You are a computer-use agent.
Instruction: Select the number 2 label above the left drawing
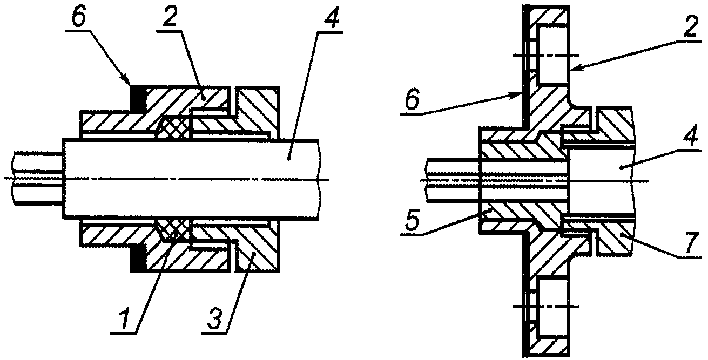(170, 16)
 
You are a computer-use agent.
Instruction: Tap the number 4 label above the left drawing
(331, 18)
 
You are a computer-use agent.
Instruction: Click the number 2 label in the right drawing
(688, 26)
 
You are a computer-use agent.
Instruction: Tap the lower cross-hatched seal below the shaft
(173, 229)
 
